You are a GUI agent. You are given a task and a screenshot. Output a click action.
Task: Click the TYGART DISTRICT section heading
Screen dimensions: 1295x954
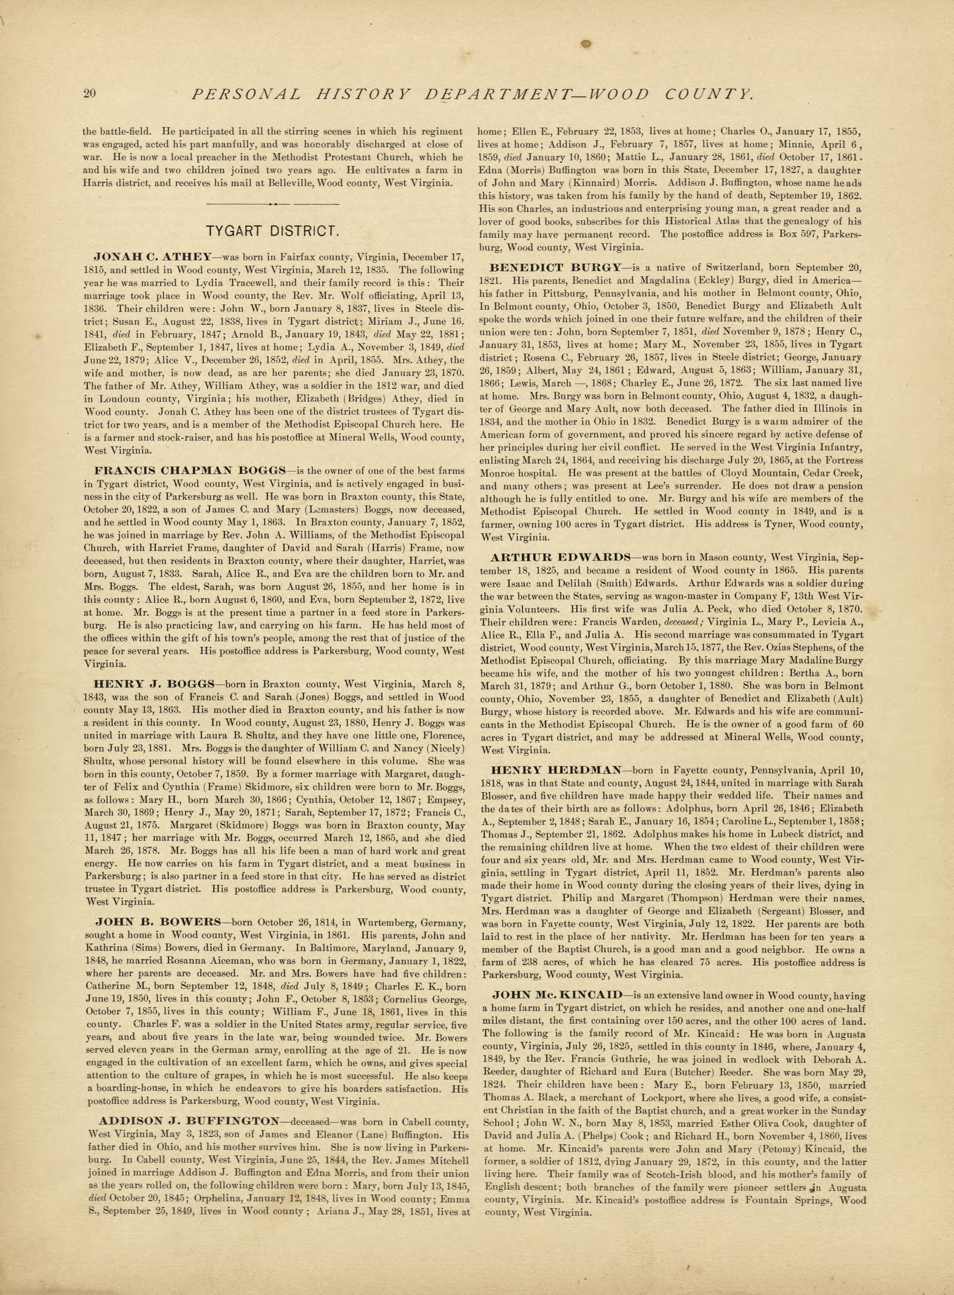272,232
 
